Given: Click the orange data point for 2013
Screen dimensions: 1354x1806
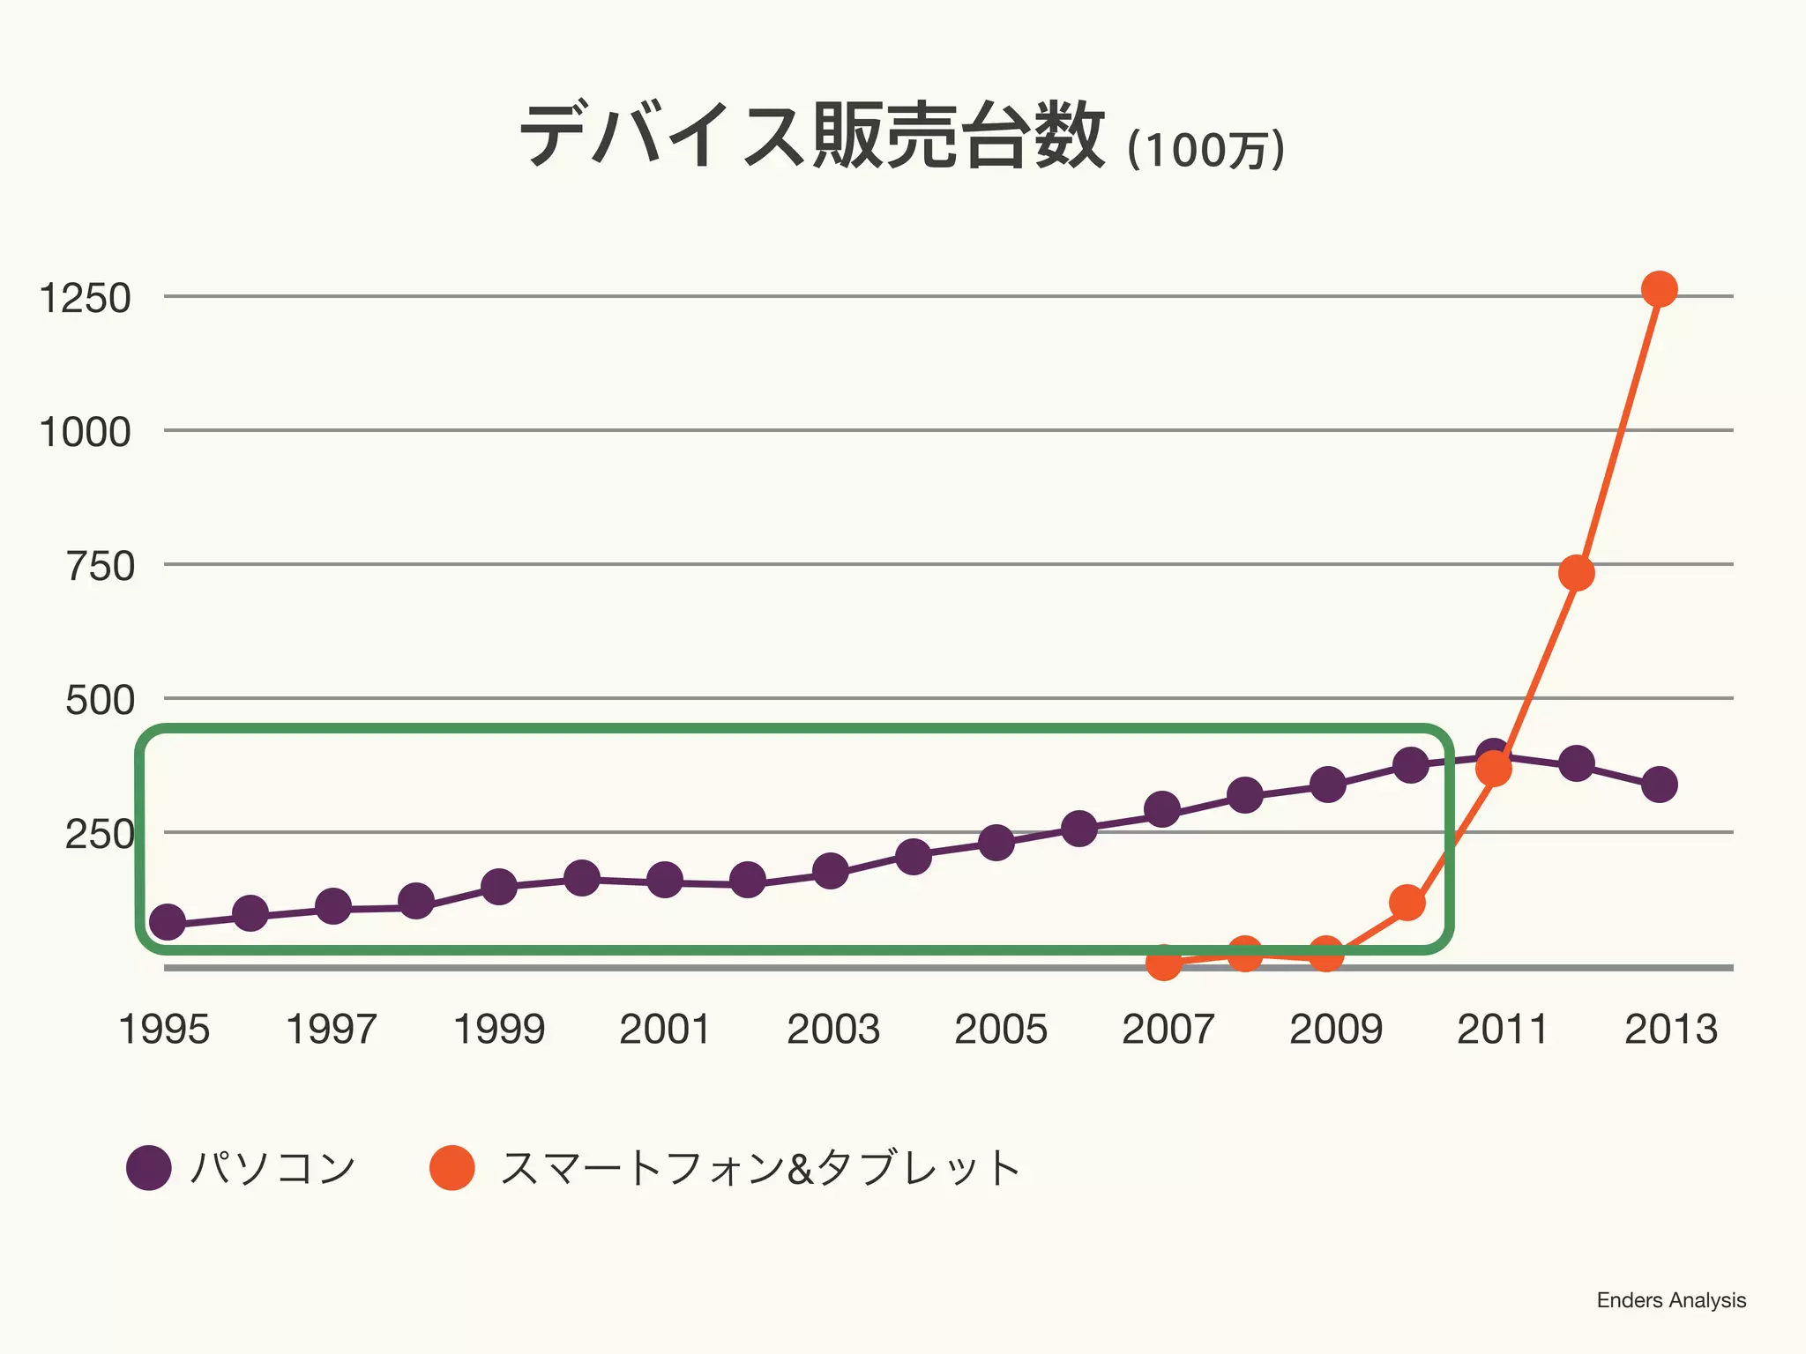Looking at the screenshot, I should [x=1659, y=289].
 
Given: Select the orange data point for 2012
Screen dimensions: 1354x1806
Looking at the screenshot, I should [x=1576, y=573].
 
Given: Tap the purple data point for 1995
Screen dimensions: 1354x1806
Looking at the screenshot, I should [x=168, y=922].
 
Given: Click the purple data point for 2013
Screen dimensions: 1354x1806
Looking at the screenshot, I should [x=1659, y=784].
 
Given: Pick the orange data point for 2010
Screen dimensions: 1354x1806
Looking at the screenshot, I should [x=1407, y=903].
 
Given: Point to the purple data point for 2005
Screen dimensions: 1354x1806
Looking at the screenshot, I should [x=996, y=843].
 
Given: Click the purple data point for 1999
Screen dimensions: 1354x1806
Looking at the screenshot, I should [x=499, y=886].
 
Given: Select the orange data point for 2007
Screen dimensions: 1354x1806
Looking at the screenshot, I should [x=1163, y=962].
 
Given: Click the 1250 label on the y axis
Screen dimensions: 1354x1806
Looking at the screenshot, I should [x=86, y=298].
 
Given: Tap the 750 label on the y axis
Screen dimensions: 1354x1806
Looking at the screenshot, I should [x=101, y=566].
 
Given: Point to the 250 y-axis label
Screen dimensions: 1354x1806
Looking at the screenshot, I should [x=100, y=834].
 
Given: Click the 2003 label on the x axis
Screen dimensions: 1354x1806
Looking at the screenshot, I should [x=832, y=1030].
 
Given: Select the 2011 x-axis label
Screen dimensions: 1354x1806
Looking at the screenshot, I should [x=1502, y=1030].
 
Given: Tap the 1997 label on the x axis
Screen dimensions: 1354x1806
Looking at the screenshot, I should [x=332, y=1030].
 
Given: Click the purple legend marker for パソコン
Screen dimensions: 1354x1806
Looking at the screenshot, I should [x=149, y=1168].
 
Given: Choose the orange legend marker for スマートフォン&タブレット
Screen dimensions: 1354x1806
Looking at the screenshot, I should [x=452, y=1168].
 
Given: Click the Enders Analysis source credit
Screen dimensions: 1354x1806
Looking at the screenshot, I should [x=1670, y=1300].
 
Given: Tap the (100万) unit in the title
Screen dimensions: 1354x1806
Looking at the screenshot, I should [x=1205, y=150].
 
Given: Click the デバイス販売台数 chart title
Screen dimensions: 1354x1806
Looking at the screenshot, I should [x=811, y=137].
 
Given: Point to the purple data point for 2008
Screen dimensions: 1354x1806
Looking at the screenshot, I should [x=1244, y=796].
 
